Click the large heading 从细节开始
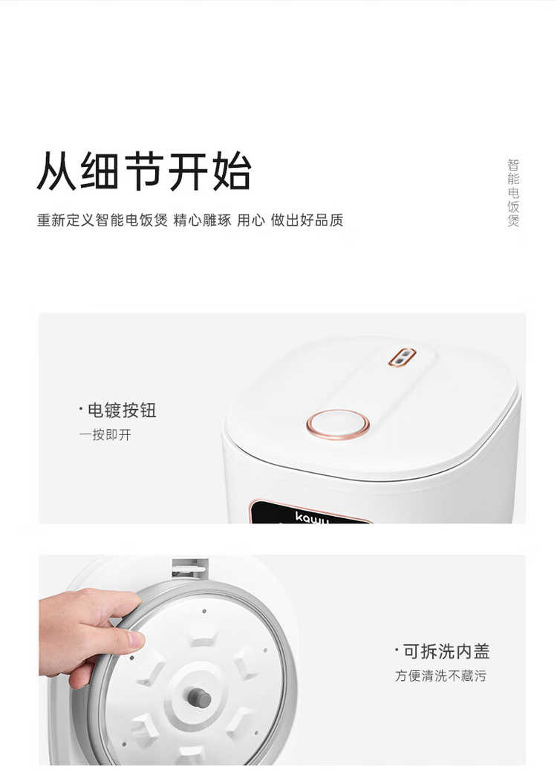pos(144,171)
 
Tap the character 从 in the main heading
pos(56,171)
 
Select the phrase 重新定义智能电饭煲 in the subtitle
pos(102,220)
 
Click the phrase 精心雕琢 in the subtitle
pos(202,220)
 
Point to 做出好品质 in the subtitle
pos(307,220)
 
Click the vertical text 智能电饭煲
pos(513,193)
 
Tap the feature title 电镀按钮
pos(122,411)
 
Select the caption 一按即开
pos(105,435)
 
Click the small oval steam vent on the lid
pos(402,356)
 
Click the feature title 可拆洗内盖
pos(446,651)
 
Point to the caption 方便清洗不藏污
pos(440,676)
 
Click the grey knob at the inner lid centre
pos(199,697)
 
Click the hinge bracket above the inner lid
pos(189,569)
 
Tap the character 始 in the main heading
pos(232,171)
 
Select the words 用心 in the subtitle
pos(250,220)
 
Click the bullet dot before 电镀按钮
pos(81,409)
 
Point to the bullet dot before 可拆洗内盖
pos(397,650)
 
